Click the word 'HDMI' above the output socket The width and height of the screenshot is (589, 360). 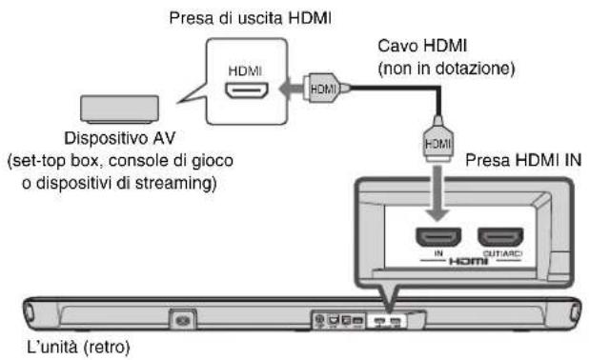point(234,70)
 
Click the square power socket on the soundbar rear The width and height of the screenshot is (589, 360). point(180,318)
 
